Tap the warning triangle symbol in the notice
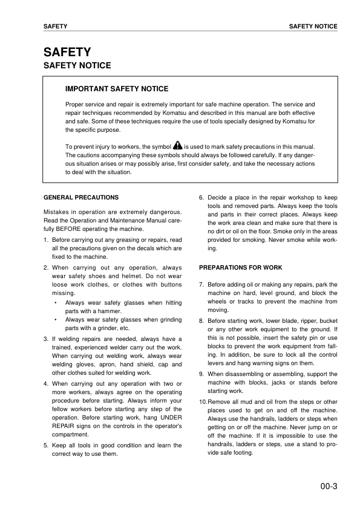click(x=177, y=146)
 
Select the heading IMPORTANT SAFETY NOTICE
click(x=117, y=89)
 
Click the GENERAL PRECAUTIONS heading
click(x=82, y=197)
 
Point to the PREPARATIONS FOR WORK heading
click(x=240, y=267)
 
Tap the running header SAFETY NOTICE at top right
click(x=313, y=27)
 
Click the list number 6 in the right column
click(x=201, y=197)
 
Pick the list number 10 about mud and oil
click(x=203, y=402)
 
